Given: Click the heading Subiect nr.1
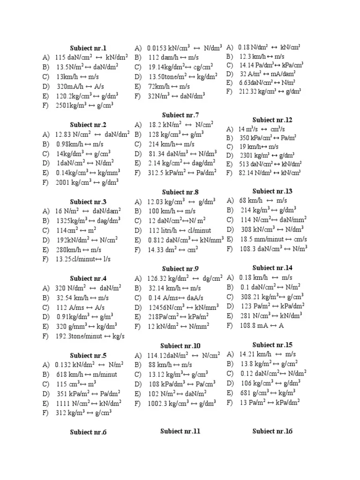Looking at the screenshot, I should pyautogui.click(x=88, y=48).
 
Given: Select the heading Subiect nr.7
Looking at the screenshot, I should pyautogui.click(x=180, y=115).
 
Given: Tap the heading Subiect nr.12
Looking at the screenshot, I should pyautogui.click(x=272, y=120).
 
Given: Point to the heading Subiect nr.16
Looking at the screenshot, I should pyautogui.click(x=272, y=431).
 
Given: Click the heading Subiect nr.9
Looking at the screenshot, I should pyautogui.click(x=180, y=269).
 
